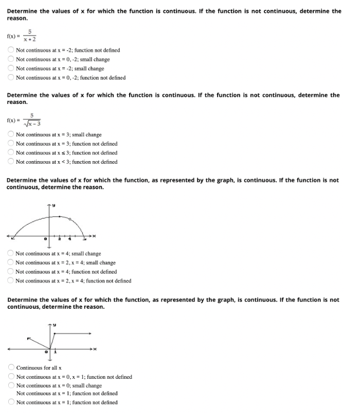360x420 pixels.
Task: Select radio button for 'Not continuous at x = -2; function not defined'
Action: click(11, 50)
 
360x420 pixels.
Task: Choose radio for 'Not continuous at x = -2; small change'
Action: click(11, 69)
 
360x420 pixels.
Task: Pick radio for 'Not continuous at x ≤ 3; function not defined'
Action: click(11, 153)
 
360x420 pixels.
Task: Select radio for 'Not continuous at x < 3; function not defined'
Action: click(11, 162)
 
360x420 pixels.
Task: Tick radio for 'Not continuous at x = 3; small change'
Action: click(11, 135)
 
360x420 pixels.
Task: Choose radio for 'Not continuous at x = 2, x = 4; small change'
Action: click(11, 263)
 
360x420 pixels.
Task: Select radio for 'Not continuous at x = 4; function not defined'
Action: click(11, 272)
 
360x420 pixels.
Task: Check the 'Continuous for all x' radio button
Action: click(11, 368)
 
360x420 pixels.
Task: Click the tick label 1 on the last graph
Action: click(55, 353)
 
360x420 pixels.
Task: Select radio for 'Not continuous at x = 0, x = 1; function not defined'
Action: click(11, 377)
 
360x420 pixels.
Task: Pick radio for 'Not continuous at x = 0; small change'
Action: click(11, 386)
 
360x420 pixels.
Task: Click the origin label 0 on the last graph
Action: click(46, 353)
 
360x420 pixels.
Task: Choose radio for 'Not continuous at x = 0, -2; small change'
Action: click(11, 60)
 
